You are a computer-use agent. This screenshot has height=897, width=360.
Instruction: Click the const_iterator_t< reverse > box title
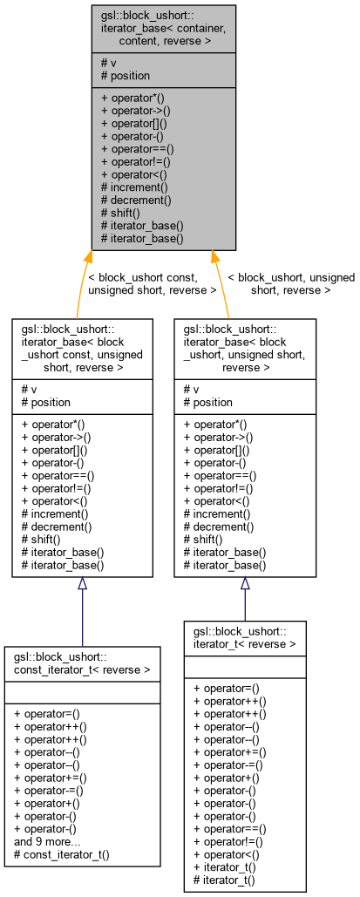(x=82, y=663)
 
